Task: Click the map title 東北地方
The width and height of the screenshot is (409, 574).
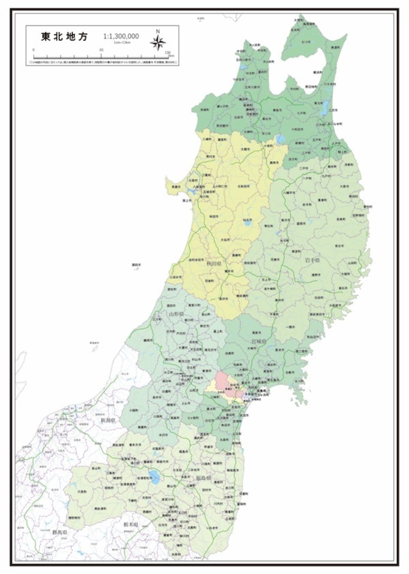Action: coord(64,36)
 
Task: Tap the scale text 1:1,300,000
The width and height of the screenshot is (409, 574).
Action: coord(121,36)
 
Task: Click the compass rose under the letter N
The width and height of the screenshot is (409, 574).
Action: coord(158,43)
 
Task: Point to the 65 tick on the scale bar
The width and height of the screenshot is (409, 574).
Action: coord(102,50)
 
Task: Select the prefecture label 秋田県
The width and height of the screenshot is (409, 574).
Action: coord(214,264)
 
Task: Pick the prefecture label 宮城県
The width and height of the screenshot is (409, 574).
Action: coord(259,341)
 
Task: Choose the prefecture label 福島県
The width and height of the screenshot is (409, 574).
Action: coord(203,478)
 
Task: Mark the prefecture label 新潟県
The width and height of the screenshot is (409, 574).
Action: coord(107,420)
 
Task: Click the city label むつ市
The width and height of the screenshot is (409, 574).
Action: coord(306,42)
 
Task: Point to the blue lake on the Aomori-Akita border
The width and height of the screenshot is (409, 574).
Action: coord(281,139)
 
